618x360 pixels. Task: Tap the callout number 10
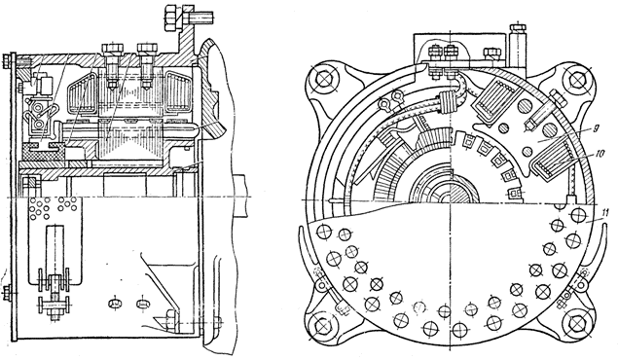point(600,155)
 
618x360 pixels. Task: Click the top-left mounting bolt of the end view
point(323,79)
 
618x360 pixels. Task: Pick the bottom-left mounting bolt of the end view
point(323,324)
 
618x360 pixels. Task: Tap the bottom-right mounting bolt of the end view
point(576,325)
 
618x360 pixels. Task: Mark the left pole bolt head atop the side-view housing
point(113,49)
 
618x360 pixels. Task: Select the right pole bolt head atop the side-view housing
point(147,49)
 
